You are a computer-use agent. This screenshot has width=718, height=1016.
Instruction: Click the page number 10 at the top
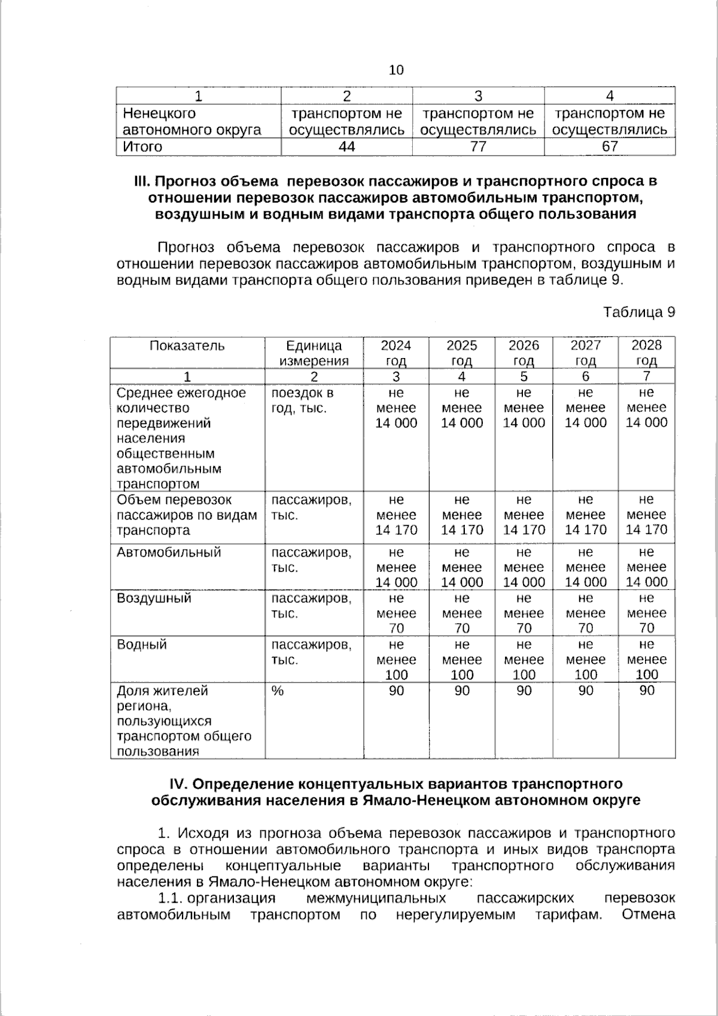[396, 70]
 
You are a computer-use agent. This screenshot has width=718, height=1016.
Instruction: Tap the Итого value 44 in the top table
[346, 147]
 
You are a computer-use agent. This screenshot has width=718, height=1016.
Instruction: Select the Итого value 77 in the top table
[478, 147]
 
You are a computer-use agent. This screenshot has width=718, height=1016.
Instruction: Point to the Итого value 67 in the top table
[610, 147]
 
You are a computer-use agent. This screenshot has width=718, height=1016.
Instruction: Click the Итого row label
[142, 147]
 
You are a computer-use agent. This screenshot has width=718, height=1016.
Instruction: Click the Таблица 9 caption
[639, 312]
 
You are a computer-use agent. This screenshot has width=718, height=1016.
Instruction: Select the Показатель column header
[187, 345]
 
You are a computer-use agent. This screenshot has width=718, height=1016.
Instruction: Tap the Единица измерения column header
[314, 353]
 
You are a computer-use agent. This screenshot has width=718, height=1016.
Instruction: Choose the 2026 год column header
[524, 353]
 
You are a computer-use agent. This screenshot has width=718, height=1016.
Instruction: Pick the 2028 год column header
[647, 353]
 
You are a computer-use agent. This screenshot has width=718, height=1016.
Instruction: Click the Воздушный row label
[154, 598]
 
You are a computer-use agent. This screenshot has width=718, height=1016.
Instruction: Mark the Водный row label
[142, 645]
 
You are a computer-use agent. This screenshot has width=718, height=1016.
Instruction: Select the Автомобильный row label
[169, 552]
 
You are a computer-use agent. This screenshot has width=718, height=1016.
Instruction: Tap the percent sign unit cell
[277, 691]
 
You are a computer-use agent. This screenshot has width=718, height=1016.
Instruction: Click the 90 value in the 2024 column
[396, 691]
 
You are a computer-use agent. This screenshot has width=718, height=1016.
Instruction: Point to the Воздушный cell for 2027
[585, 613]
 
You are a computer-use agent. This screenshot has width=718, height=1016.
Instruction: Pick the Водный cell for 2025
[461, 659]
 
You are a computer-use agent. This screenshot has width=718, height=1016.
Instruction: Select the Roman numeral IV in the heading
[179, 784]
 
